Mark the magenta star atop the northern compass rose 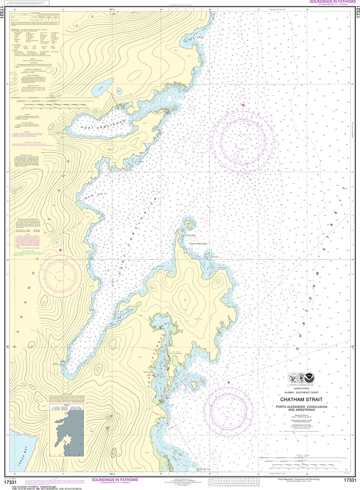(x=243, y=105)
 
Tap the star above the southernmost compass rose (x=228, y=382)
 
